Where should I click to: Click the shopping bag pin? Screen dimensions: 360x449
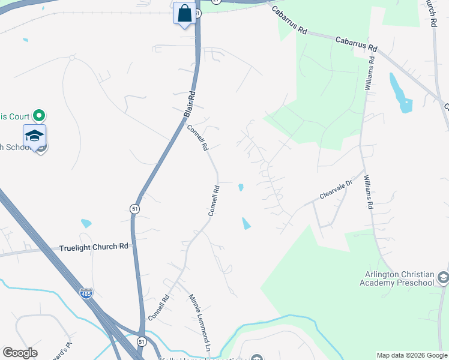[184, 13]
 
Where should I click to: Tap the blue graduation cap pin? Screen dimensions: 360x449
[35, 136]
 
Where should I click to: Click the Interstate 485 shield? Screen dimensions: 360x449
[86, 294]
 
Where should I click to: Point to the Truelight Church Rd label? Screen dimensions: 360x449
[94, 247]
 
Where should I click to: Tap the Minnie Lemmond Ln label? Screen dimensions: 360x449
[200, 315]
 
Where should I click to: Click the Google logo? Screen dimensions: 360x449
[20, 353]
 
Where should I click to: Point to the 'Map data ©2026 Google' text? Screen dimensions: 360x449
[412, 355]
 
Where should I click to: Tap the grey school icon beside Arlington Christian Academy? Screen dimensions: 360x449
[443, 277]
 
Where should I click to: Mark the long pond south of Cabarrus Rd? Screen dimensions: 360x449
[400, 92]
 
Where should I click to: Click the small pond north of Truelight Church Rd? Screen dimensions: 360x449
[86, 224]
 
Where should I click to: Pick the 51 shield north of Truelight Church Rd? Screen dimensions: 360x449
[134, 208]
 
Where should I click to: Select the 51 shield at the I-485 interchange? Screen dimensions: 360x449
[142, 341]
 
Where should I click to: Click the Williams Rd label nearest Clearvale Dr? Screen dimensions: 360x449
[368, 193]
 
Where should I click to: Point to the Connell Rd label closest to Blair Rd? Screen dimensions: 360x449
[197, 137]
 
